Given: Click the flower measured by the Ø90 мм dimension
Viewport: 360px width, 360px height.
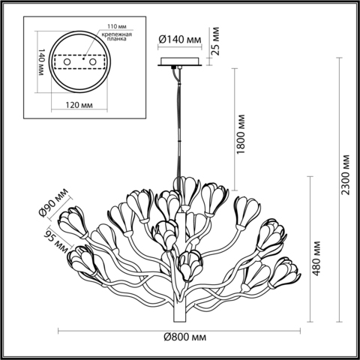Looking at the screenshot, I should (x=75, y=221).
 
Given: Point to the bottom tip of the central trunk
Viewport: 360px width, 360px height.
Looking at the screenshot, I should (x=181, y=321).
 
